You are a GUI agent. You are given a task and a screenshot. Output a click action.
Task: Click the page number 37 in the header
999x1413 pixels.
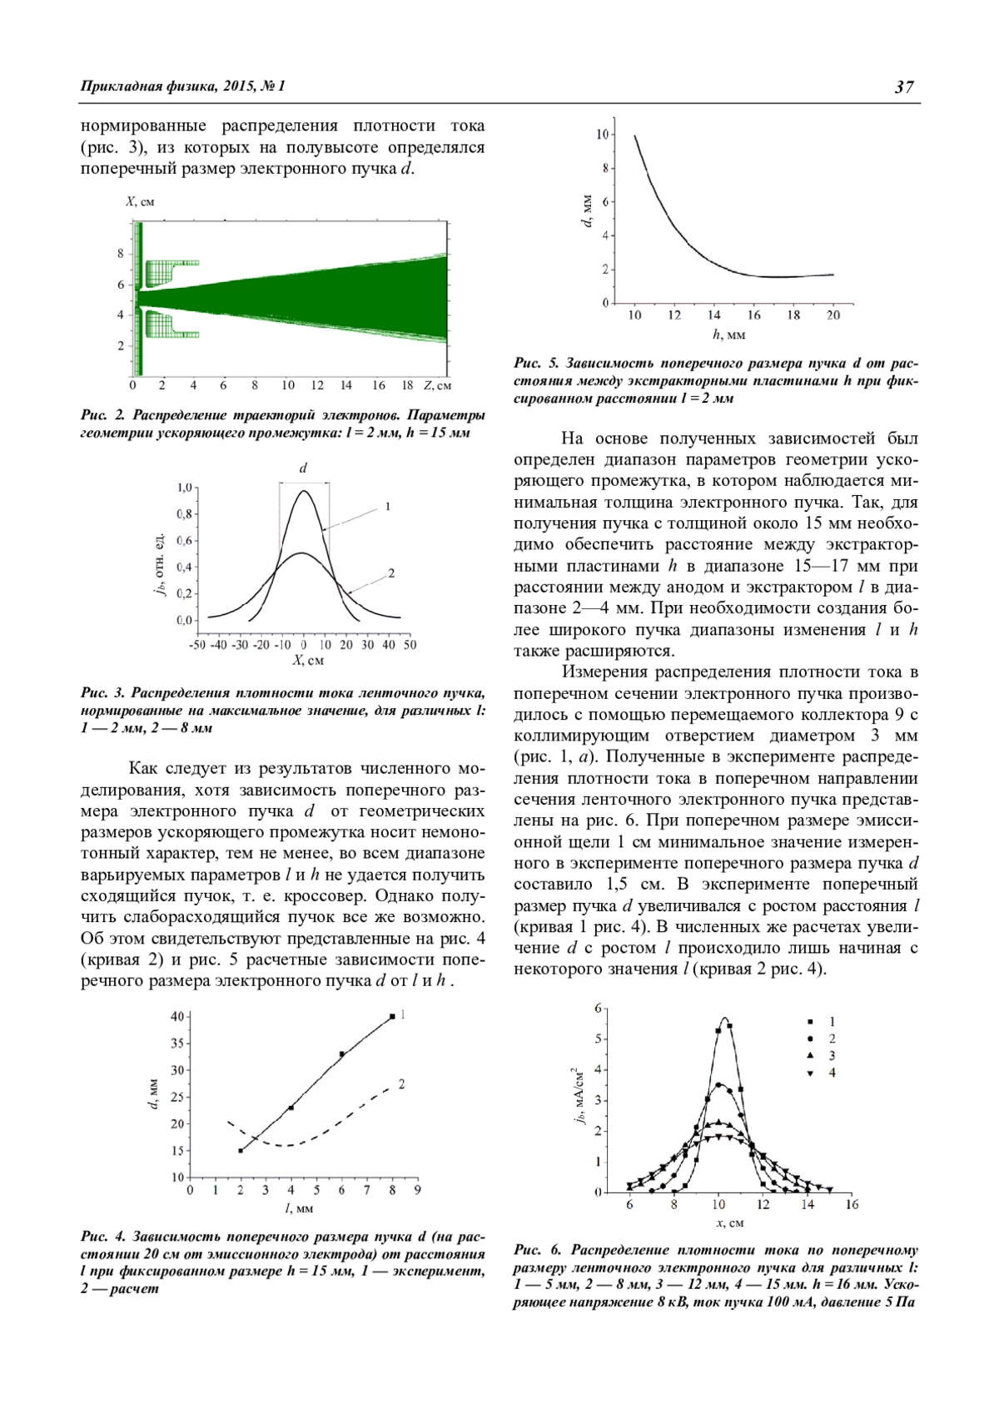pyautogui.click(x=904, y=87)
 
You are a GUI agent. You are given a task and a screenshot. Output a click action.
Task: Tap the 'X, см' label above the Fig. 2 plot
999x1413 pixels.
pyautogui.click(x=140, y=201)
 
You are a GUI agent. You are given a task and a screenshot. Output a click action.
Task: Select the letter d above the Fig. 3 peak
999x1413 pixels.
pyautogui.click(x=303, y=469)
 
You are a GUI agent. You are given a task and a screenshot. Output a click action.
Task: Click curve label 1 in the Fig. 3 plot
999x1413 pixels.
pyautogui.click(x=387, y=506)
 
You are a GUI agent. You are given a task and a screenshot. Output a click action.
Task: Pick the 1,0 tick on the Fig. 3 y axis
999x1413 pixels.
pyautogui.click(x=184, y=487)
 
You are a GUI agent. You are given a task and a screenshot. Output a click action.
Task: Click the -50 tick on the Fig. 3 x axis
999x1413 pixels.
pyautogui.click(x=197, y=645)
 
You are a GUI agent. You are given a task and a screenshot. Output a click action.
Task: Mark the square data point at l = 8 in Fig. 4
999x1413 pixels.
pyautogui.click(x=392, y=1017)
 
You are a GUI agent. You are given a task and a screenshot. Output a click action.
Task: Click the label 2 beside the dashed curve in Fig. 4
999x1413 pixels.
pyautogui.click(x=401, y=1084)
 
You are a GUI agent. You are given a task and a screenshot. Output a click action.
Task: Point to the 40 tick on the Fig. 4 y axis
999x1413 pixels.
pyautogui.click(x=177, y=1017)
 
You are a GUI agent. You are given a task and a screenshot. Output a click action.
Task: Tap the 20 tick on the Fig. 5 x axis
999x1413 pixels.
pyautogui.click(x=833, y=315)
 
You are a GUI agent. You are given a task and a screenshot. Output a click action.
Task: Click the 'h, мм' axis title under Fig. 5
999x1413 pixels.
pyautogui.click(x=728, y=335)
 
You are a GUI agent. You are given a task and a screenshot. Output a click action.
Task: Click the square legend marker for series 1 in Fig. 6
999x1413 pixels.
pyautogui.click(x=808, y=1022)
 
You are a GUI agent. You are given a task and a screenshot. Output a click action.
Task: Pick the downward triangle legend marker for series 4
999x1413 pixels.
pyautogui.click(x=808, y=1073)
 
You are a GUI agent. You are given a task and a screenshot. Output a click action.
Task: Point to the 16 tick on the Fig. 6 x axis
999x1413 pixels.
pyautogui.click(x=852, y=1205)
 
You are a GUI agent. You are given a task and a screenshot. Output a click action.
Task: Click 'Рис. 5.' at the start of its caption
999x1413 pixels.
pyautogui.click(x=536, y=364)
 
